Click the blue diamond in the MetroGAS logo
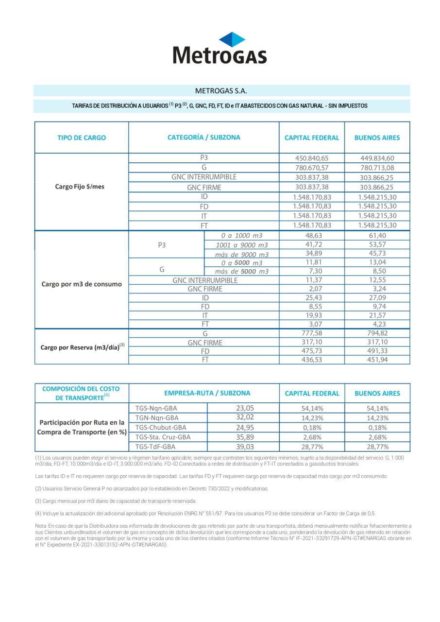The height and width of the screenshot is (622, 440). (232, 39)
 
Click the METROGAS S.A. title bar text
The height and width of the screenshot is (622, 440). (221, 90)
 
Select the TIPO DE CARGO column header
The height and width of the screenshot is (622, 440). (82, 138)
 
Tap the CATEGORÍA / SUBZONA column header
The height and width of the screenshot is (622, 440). (203, 138)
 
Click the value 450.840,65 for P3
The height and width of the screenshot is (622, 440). (312, 158)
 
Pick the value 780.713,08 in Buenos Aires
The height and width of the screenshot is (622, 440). (377, 168)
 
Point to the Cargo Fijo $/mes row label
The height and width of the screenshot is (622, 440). (79, 187)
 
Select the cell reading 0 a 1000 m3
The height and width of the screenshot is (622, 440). (241, 236)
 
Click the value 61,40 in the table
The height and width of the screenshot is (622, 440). (377, 236)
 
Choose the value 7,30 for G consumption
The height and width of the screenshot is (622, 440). (312, 271)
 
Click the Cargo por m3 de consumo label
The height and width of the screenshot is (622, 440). (82, 284)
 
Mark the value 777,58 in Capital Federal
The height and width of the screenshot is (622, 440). (312, 333)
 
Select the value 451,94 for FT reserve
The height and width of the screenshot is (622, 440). (377, 360)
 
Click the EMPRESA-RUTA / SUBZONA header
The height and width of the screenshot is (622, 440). (203, 393)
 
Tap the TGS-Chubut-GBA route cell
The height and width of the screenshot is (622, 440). (159, 428)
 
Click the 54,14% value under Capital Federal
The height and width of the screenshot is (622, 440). (312, 408)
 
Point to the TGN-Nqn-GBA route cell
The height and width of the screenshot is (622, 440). (157, 418)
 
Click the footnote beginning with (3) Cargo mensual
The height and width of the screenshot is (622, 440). (116, 501)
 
